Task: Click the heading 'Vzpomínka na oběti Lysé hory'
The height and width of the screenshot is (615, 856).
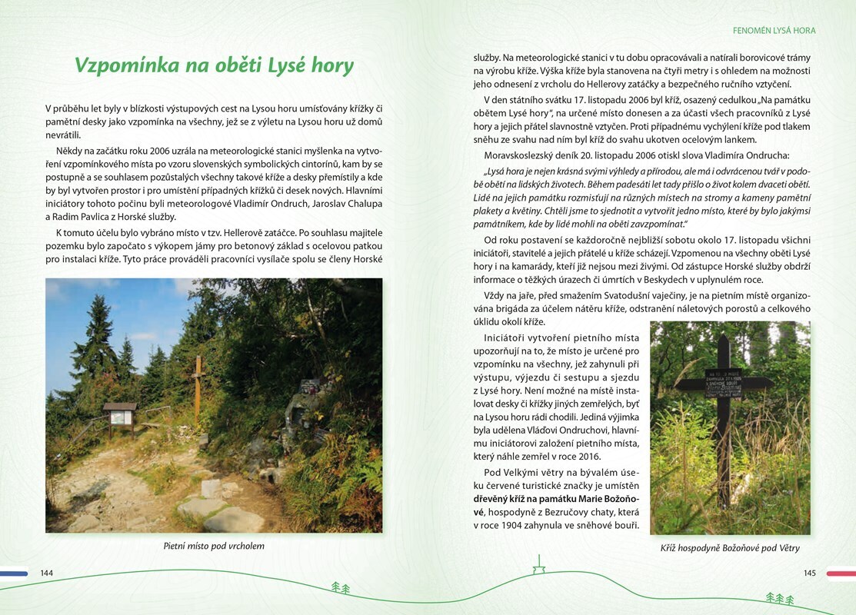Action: pyautogui.click(x=214, y=65)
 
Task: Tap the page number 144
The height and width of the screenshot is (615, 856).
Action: pyautogui.click(x=47, y=573)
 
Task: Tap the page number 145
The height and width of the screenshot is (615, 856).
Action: pyautogui.click(x=809, y=573)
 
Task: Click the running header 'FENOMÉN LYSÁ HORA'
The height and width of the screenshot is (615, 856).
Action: pyautogui.click(x=774, y=31)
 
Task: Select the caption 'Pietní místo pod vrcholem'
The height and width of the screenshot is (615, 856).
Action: pyautogui.click(x=214, y=546)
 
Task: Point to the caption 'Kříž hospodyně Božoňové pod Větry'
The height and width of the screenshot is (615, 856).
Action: pyautogui.click(x=730, y=548)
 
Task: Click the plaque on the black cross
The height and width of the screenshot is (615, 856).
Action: pyautogui.click(x=723, y=382)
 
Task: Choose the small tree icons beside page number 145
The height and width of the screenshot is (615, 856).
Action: pyautogui.click(x=779, y=597)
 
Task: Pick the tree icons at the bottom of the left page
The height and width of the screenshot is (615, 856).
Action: pyautogui.click(x=340, y=588)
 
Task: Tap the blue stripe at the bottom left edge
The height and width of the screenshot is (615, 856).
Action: pyautogui.click(x=14, y=573)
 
